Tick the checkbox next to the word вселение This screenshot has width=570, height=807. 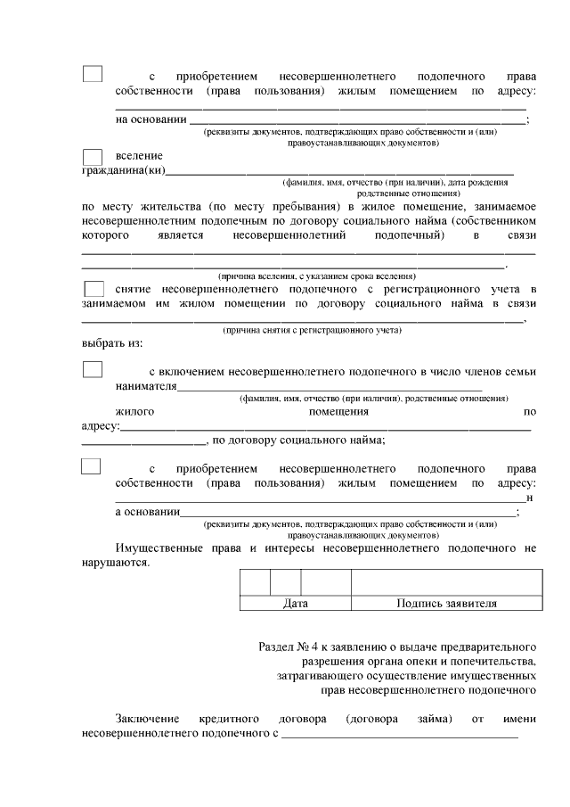[93, 158]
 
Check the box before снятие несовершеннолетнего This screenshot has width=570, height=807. [93, 289]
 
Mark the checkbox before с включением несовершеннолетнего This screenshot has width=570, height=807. [93, 369]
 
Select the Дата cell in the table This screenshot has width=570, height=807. [295, 604]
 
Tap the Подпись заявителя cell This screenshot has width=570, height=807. [445, 604]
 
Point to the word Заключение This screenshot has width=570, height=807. [147, 718]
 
